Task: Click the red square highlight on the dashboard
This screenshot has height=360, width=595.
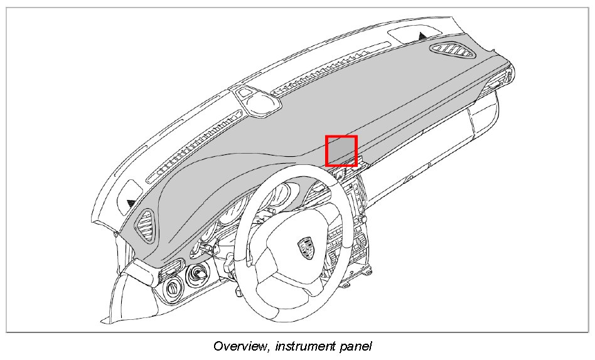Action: [341, 151]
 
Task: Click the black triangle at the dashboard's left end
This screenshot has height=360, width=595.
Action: [131, 203]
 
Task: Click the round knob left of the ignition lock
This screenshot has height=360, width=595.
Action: [173, 288]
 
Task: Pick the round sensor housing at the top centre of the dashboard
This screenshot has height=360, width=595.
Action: [255, 100]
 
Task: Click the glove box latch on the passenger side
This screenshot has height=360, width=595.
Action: [409, 177]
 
